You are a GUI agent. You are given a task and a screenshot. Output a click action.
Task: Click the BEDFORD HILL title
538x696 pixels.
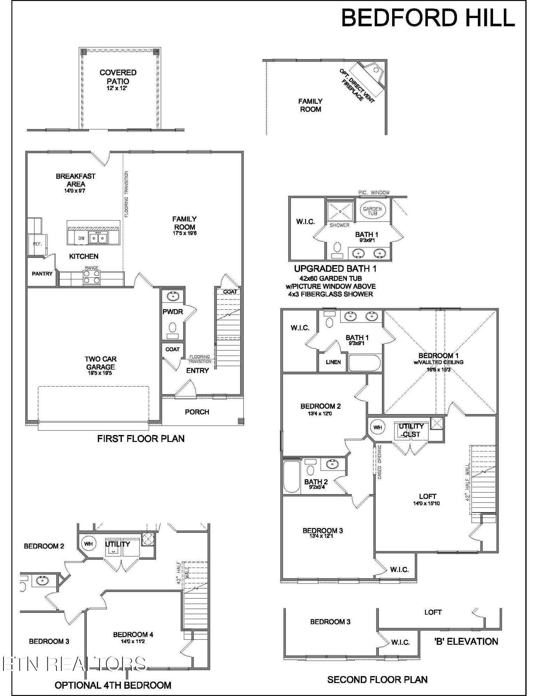(x=428, y=18)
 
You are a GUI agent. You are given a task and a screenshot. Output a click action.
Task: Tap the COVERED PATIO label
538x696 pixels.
(x=118, y=77)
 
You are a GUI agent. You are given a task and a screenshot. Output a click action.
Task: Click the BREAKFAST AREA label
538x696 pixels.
(x=76, y=180)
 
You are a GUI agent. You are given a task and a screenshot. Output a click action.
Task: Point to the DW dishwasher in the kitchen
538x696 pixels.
(x=81, y=238)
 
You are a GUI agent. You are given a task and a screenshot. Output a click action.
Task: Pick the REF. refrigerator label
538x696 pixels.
(x=37, y=244)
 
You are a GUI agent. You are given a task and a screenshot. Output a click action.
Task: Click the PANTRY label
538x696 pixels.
(x=42, y=274)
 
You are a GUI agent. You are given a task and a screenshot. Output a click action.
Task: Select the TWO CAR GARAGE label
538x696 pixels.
(x=100, y=363)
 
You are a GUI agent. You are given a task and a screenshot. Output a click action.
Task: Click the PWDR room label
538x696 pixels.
(x=173, y=312)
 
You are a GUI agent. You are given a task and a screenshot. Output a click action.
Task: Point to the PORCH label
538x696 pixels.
(x=197, y=412)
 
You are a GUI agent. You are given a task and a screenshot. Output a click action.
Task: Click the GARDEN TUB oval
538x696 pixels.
(x=372, y=211)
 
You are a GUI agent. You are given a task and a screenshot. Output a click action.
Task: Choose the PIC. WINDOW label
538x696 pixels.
(x=374, y=192)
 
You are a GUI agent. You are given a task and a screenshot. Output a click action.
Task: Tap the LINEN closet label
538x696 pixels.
(x=333, y=362)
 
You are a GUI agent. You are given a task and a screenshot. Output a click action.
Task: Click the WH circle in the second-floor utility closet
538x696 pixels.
(x=377, y=427)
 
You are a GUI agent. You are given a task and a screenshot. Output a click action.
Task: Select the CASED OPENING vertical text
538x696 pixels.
(x=379, y=462)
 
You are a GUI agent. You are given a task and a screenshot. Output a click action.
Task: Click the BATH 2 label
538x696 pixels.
(x=316, y=482)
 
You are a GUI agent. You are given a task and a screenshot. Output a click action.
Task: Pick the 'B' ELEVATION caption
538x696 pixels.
(x=466, y=641)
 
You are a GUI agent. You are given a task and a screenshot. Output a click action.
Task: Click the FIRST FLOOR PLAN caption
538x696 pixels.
(x=141, y=438)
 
